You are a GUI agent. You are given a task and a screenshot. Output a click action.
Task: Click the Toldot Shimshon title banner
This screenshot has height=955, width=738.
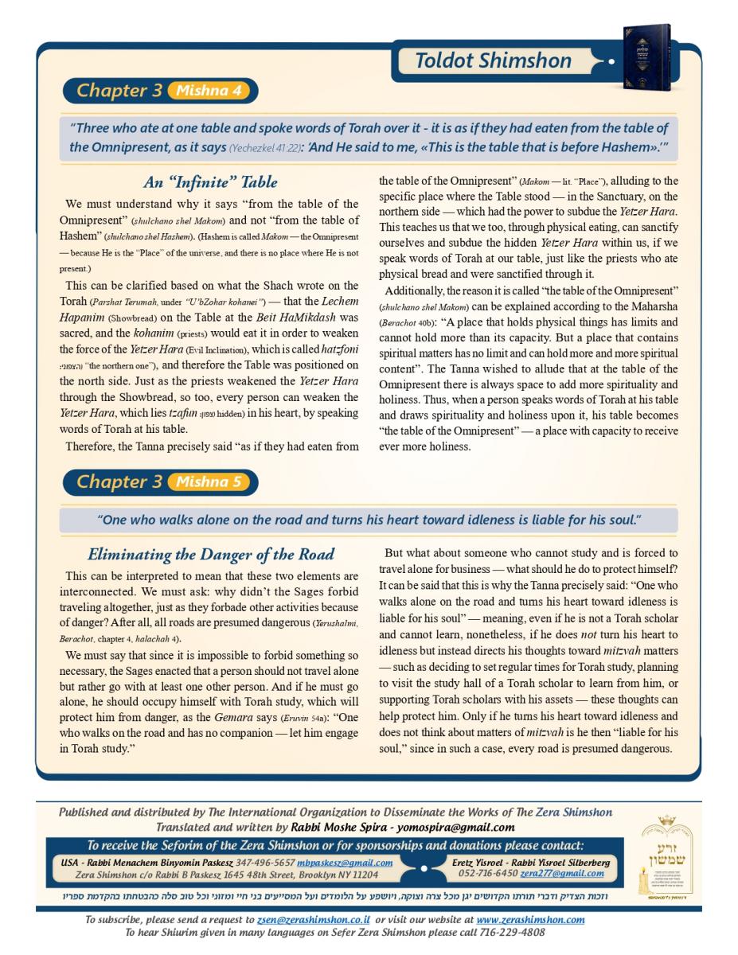pyautogui.click(x=493, y=61)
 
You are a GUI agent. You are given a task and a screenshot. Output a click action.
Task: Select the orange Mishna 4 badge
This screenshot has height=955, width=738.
pyautogui.click(x=209, y=91)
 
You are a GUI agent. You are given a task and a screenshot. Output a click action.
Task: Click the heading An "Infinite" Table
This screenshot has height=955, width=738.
pyautogui.click(x=210, y=182)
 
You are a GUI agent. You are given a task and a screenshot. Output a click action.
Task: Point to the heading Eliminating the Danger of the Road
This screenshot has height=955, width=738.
pyautogui.click(x=210, y=554)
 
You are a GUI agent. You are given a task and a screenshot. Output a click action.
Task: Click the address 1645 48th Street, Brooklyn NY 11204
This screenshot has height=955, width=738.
pyautogui.click(x=288, y=874)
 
